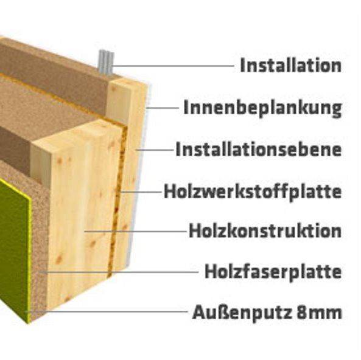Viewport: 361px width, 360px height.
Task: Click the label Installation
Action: point(290,65)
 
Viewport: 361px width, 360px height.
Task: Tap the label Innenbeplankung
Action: point(262,108)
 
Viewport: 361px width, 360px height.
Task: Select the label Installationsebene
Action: point(259,150)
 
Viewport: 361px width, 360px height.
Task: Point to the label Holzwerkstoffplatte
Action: point(253,192)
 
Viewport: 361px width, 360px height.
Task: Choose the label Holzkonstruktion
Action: point(265,230)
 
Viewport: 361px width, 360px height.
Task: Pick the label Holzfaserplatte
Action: point(273,272)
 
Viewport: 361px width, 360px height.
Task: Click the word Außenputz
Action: point(242,313)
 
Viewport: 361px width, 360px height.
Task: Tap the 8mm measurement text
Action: point(320,313)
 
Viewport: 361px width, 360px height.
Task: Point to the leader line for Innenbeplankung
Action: point(163,108)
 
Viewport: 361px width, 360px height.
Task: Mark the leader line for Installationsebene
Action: point(155,150)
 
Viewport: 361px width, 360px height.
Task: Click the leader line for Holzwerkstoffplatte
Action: point(141,192)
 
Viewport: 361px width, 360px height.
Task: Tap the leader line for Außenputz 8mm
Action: point(107,312)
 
